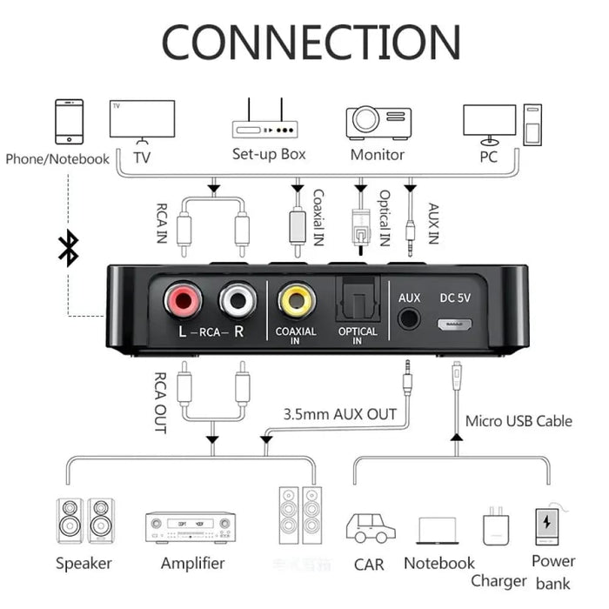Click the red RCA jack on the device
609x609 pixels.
tap(184, 301)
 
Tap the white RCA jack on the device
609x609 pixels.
tap(238, 301)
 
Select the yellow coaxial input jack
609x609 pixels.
tap(296, 301)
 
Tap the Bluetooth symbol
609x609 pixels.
tap(67, 247)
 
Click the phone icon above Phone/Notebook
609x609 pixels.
tap(69, 121)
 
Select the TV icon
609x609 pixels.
tap(142, 122)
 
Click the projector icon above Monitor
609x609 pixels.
tap(378, 123)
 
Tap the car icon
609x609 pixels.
tap(370, 527)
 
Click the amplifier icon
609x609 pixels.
tap(191, 526)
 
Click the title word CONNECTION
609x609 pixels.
tap(311, 41)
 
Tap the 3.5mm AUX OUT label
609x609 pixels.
tap(339, 414)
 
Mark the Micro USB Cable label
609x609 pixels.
tap(519, 421)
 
